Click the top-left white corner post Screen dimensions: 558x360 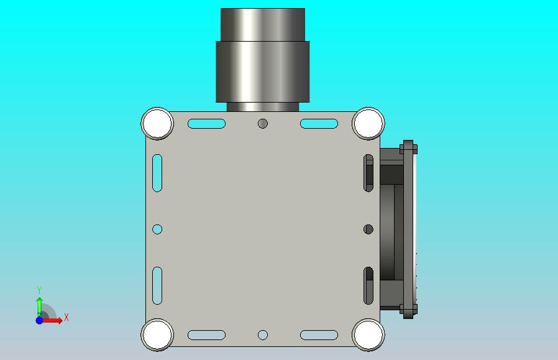(x=157, y=124)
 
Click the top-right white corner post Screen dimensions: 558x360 (x=368, y=124)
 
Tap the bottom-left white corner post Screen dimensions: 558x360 (x=157, y=335)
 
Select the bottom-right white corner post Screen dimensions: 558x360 (x=368, y=335)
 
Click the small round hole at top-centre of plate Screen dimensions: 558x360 (x=263, y=124)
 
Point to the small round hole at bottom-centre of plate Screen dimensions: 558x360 (x=263, y=335)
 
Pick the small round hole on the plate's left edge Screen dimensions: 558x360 (x=157, y=229)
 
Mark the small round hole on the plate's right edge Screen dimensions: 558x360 (x=368, y=229)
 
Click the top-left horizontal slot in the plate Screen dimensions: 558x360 (x=206, y=124)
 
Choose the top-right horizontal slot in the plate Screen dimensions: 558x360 (x=319, y=124)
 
